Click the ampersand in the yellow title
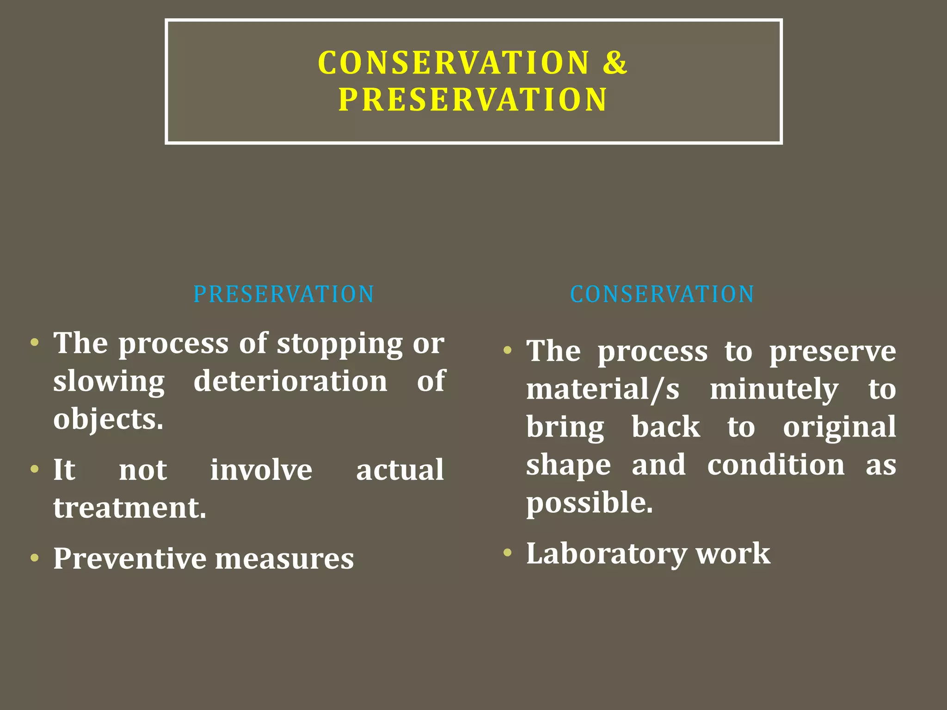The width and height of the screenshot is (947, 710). [x=614, y=62]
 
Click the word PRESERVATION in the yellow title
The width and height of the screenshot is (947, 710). [x=473, y=100]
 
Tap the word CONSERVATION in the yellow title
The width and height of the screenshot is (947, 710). [x=454, y=62]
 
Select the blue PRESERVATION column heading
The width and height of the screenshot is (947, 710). [x=283, y=294]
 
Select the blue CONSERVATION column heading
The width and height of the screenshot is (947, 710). [x=662, y=294]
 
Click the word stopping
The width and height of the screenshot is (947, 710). [x=340, y=344]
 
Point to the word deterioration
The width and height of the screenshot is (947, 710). [x=290, y=381]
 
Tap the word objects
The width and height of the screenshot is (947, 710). [x=108, y=419]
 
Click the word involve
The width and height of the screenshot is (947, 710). [x=261, y=470]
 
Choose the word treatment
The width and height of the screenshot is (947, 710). [x=129, y=508]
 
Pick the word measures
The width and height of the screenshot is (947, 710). [x=284, y=558]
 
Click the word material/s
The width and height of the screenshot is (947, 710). [x=603, y=389]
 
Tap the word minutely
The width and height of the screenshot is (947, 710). [x=774, y=389]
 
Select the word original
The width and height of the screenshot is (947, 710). [x=839, y=427]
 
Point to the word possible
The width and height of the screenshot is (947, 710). [x=590, y=503]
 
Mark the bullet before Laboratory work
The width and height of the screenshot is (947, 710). [x=508, y=552]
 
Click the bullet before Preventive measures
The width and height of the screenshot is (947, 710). [x=35, y=557]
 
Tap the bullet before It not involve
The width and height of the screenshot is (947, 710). [x=35, y=469]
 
